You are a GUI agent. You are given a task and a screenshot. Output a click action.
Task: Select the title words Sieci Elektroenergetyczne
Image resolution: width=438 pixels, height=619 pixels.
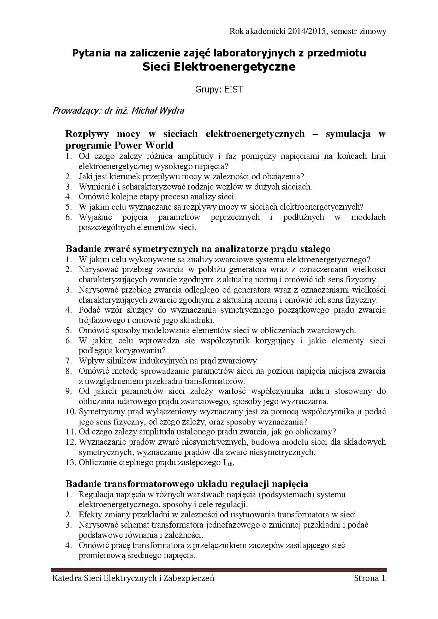(219, 66)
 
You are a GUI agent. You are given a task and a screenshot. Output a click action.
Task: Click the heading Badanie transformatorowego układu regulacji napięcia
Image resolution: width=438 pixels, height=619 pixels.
(187, 483)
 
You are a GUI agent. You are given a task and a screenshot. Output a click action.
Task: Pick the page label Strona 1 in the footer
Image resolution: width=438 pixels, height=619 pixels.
(369, 578)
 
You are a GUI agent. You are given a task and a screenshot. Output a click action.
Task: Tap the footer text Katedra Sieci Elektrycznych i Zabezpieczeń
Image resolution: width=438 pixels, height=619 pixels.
(133, 578)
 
